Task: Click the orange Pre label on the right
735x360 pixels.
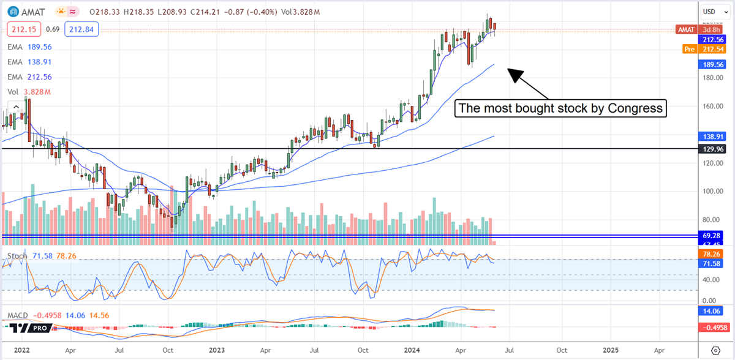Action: click(x=690, y=48)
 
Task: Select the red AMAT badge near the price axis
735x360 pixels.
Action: click(x=685, y=29)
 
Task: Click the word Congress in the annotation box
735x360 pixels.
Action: click(x=638, y=109)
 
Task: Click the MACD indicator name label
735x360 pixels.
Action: click(x=18, y=315)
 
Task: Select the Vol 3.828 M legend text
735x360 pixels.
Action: click(x=28, y=92)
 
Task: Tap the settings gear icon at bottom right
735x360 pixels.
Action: click(x=715, y=350)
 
